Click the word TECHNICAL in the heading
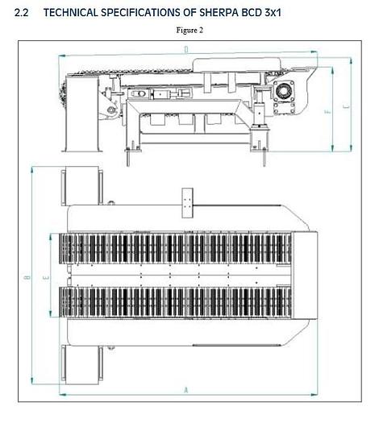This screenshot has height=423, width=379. click(x=79, y=14)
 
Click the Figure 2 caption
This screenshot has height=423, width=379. click(x=189, y=31)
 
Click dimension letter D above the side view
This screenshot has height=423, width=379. click(x=186, y=50)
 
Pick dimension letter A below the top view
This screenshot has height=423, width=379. click(x=186, y=390)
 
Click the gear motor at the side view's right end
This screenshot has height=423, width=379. click(x=286, y=95)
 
